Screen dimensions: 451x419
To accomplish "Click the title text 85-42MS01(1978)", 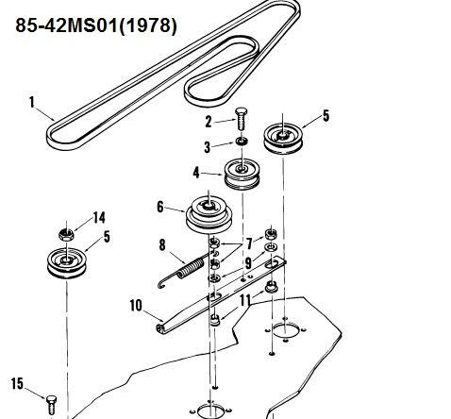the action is (x=96, y=25).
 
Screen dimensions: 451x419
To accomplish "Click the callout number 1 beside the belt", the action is (x=31, y=103).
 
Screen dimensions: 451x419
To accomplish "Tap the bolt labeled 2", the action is (x=242, y=119).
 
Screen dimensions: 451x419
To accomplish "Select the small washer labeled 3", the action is (x=242, y=142).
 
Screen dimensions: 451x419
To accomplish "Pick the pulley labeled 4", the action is (x=242, y=175).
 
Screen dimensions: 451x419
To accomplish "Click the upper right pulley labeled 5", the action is (x=283, y=139).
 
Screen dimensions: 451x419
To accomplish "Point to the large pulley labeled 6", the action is (x=209, y=215).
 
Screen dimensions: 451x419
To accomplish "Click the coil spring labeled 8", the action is (x=182, y=270).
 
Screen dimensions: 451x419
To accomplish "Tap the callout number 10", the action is (x=136, y=306).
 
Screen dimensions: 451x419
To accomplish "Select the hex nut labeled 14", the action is (x=66, y=234).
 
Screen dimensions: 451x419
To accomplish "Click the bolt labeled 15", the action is (x=52, y=405).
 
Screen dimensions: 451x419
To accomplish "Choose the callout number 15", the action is (x=17, y=383).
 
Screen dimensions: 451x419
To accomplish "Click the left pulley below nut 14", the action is (x=66, y=263).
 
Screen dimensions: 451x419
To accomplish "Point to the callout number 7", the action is (x=249, y=243).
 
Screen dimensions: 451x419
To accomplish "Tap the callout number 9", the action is (x=248, y=263).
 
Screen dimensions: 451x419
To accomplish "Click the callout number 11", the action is (x=245, y=300).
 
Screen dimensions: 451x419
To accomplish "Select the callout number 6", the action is (x=160, y=207).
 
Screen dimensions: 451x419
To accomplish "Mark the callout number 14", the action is (x=99, y=218).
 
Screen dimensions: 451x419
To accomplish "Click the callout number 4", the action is (x=196, y=173).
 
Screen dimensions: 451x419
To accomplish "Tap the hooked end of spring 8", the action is (x=161, y=284).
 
